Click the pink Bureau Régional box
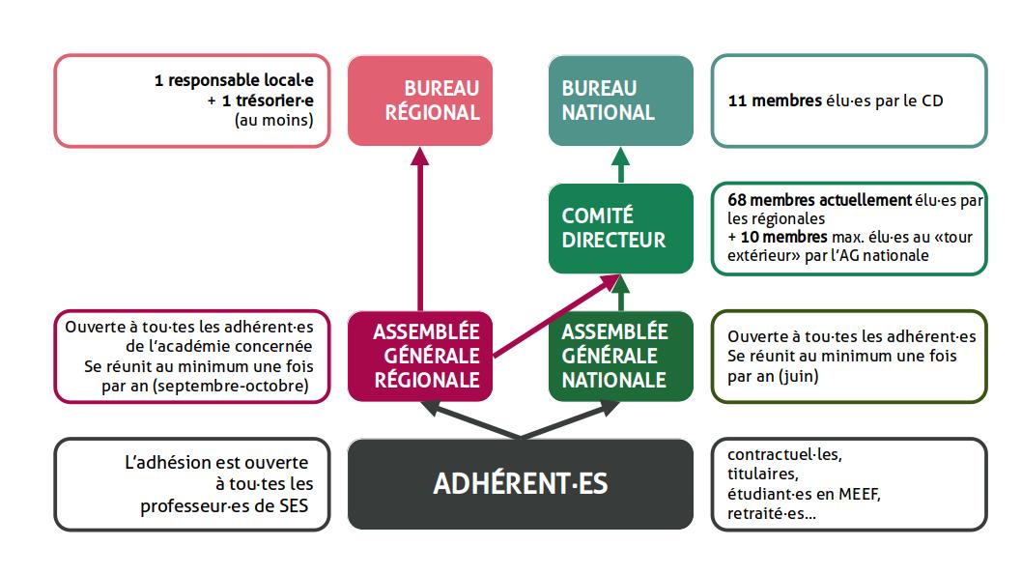tap(420, 101)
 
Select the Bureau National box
tap(620, 101)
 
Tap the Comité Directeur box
tap(620, 228)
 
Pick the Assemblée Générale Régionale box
tap(420, 356)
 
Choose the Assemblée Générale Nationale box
tap(620, 356)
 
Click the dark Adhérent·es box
tap(520, 484)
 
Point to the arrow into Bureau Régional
tap(420, 229)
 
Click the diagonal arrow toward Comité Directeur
tap(556, 316)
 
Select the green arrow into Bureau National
tap(620, 165)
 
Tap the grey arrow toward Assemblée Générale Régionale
tap(469, 419)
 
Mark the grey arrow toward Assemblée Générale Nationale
tap(570, 419)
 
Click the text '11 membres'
tap(775, 101)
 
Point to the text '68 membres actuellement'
tap(819, 199)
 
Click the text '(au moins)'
tap(273, 121)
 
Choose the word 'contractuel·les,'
tap(784, 454)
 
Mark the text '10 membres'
tap(783, 237)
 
